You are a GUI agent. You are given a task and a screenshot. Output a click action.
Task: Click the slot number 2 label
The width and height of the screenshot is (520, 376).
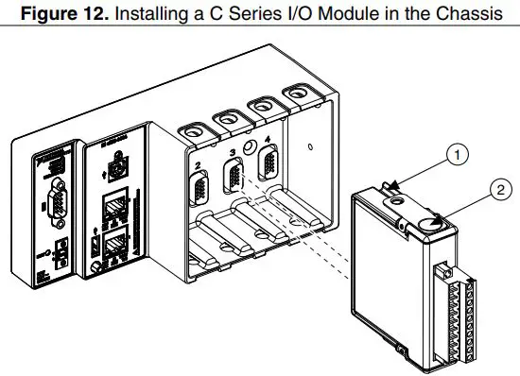[x=197, y=165]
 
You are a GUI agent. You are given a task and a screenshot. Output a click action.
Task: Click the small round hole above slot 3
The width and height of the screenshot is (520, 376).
[x=251, y=147]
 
